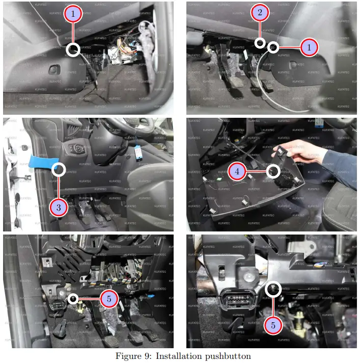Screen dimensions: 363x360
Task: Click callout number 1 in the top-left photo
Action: (x=73, y=14)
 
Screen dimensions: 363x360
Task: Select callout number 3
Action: (x=59, y=207)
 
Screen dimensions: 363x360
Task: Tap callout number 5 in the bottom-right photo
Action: (x=273, y=324)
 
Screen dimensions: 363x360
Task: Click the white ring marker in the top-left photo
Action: (x=73, y=49)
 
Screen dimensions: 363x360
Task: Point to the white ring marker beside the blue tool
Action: (x=59, y=169)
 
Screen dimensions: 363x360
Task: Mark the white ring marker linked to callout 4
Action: (x=273, y=172)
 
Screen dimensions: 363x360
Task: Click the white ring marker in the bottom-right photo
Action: (x=273, y=290)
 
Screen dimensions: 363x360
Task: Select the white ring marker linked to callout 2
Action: (x=260, y=43)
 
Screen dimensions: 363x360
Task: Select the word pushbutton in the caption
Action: (x=227, y=356)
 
